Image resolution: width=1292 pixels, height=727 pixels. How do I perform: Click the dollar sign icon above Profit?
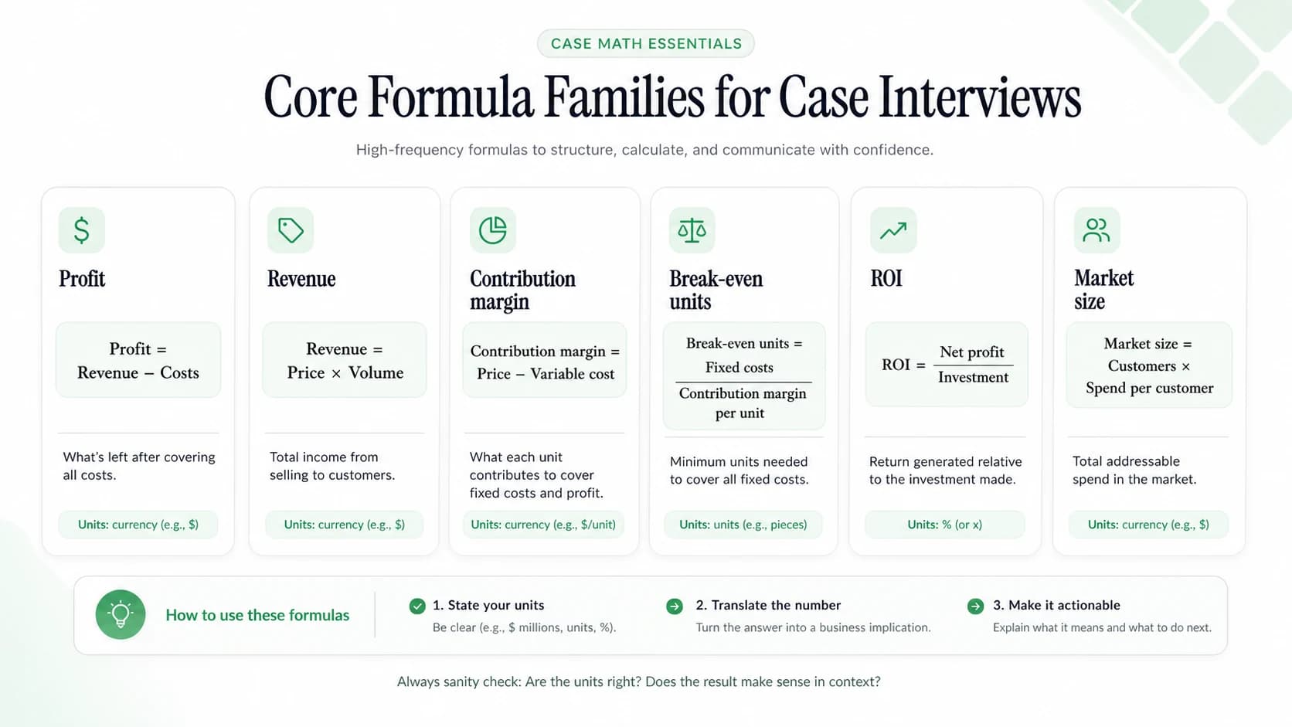pos(82,230)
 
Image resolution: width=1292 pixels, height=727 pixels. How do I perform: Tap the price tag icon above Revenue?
pos(290,230)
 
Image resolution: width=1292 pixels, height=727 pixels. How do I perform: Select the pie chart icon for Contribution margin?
pos(492,230)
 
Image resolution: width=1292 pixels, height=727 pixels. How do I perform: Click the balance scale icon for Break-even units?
pos(692,230)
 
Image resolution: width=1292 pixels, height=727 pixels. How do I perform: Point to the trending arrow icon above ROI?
pos(892,230)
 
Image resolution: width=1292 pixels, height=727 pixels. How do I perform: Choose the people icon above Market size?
pos(1096,230)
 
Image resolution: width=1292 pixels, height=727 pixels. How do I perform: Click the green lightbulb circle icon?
pos(121,614)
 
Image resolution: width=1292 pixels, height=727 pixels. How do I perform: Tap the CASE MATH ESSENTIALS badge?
pos(646,44)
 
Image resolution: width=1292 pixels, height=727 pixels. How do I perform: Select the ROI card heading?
pos(886,278)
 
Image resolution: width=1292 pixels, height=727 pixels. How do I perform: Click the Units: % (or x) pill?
pos(945,525)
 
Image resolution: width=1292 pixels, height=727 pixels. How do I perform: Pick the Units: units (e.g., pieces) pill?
pos(743,525)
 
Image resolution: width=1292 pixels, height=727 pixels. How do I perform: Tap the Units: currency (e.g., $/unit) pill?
pos(543,525)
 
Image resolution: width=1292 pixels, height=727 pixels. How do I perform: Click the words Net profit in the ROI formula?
pos(972,352)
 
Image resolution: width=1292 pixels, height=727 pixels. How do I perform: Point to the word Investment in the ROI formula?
pos(973,377)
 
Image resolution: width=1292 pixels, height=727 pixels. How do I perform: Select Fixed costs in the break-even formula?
pos(739,367)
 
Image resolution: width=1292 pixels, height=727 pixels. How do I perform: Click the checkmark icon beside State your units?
pos(417,606)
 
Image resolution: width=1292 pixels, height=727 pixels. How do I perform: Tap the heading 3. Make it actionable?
pos(1056,605)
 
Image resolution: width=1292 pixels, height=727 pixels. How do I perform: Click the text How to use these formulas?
pos(257,615)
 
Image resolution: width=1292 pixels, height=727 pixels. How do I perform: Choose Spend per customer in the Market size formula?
pos(1150,388)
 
